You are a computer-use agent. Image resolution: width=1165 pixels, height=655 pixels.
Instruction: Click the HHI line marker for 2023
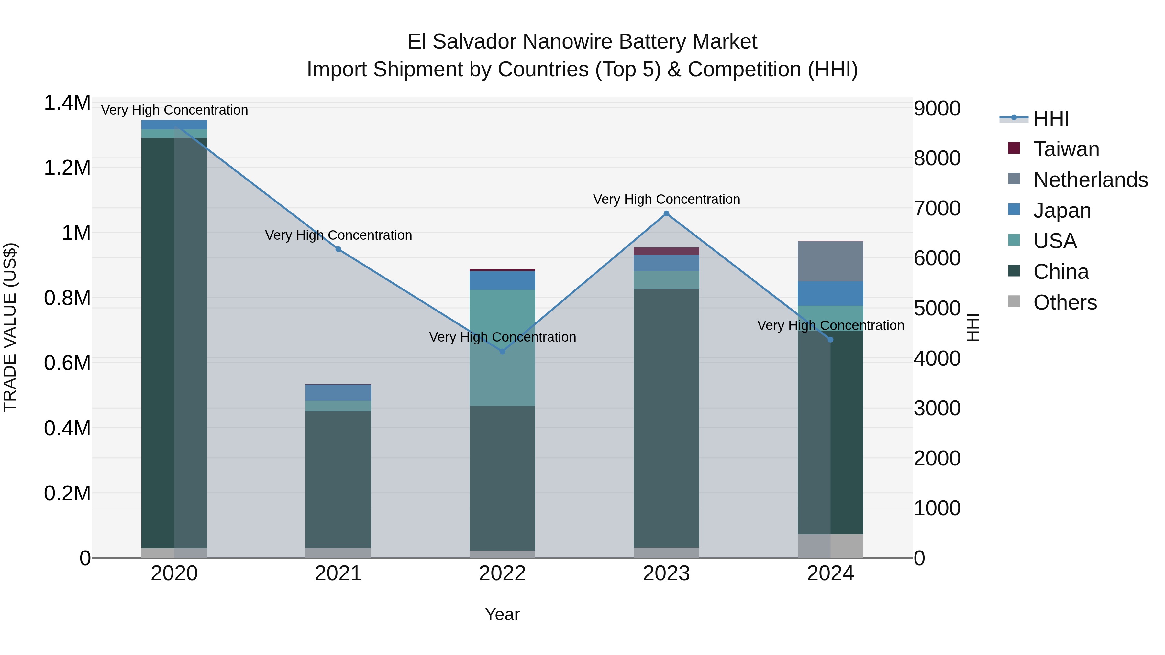(666, 213)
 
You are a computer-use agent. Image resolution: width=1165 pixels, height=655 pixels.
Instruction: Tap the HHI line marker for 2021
(338, 249)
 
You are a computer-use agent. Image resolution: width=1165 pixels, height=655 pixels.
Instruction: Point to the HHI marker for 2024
(830, 340)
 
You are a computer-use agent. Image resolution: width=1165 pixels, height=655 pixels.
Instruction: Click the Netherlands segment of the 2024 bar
(830, 261)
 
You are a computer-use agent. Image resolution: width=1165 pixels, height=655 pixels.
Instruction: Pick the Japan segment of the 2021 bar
(338, 392)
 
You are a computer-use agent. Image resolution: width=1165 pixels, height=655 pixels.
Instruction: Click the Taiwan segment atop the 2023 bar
(666, 251)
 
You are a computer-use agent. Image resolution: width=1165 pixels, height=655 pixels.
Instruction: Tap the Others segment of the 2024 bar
(830, 546)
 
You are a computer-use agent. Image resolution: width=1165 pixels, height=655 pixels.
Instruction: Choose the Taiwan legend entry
(1066, 149)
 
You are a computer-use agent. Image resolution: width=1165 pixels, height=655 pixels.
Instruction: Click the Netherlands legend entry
(1090, 180)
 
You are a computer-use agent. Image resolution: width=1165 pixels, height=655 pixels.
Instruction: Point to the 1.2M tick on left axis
(67, 168)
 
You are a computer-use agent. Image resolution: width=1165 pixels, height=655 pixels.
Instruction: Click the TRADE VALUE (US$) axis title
(10, 327)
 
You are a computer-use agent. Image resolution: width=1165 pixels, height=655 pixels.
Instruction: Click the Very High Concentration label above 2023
(666, 199)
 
